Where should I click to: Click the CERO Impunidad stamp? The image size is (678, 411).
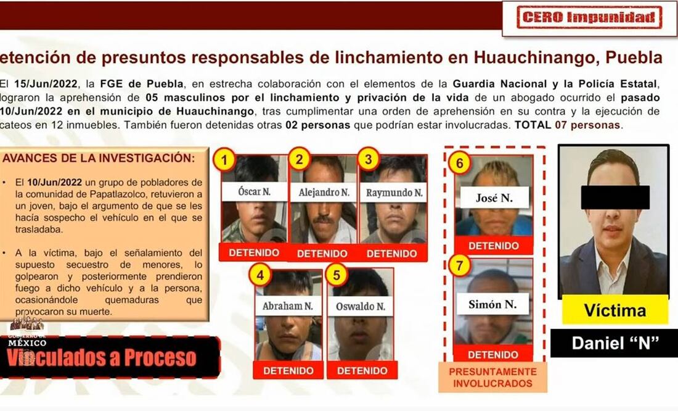[x=589, y=17]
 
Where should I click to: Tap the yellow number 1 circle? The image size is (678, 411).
[x=224, y=160]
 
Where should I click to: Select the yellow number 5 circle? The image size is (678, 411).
[x=337, y=275]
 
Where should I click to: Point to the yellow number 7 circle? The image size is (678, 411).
[x=459, y=265]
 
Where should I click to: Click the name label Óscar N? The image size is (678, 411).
[x=254, y=192]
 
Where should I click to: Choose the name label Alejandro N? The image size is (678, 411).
[x=324, y=193]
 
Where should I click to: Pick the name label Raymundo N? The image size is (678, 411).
[x=394, y=193]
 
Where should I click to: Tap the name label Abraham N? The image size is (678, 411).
[x=288, y=305]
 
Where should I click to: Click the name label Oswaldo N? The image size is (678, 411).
[x=361, y=306]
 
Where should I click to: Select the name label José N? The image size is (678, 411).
[x=494, y=198]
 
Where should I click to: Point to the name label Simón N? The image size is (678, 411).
[x=492, y=304]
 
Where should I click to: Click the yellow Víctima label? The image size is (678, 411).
[x=615, y=310]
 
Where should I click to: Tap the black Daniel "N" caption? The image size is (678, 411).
[x=615, y=344]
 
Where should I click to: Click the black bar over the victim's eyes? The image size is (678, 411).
[x=615, y=197]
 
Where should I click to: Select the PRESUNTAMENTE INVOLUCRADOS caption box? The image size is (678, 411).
[x=493, y=377]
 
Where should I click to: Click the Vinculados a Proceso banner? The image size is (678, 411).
[x=110, y=357]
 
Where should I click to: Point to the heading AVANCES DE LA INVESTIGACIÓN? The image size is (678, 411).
[x=99, y=158]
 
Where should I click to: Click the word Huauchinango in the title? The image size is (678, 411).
[x=534, y=57]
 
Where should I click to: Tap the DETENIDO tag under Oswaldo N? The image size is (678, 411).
[x=362, y=370]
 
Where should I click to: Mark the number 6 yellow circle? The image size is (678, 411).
[x=459, y=164]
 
